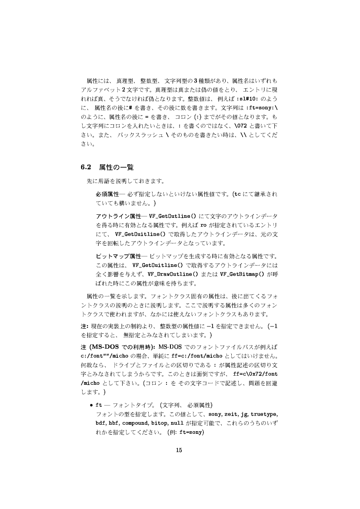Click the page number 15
click(178, 450)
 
